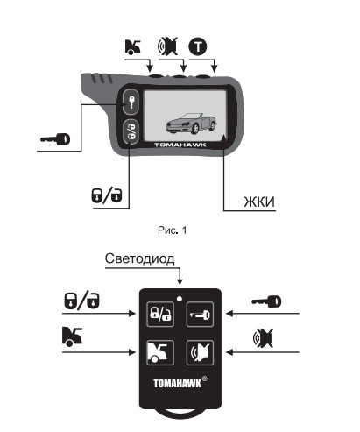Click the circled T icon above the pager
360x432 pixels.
(198, 46)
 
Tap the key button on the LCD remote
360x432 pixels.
(131, 102)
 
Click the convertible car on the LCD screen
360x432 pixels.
(191, 124)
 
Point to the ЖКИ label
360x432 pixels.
(259, 202)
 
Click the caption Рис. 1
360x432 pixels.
(172, 230)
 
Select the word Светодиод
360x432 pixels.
(140, 258)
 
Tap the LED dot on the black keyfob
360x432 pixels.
(180, 299)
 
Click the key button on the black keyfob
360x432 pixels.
(200, 315)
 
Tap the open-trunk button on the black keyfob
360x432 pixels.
(160, 352)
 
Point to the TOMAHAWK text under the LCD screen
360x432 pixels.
(180, 145)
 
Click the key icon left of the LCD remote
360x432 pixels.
(55, 139)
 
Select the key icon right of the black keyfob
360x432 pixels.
(266, 301)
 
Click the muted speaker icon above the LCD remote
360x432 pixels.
(168, 46)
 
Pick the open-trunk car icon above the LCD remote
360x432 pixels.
(133, 47)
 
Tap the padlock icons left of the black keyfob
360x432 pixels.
(81, 301)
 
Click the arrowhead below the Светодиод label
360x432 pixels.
(180, 281)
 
